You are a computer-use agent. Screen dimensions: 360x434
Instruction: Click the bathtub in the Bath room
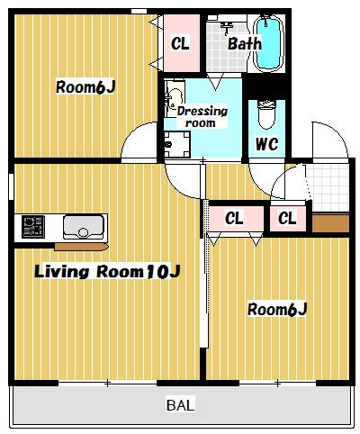pyautogui.click(x=268, y=43)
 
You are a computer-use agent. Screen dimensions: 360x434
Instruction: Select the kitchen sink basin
pyautogui.click(x=84, y=227)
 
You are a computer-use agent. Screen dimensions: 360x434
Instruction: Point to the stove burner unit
pyautogui.click(x=33, y=227)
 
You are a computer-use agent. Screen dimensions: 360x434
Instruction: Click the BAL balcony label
pyautogui.click(x=180, y=405)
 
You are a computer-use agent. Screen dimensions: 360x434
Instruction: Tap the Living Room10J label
pyautogui.click(x=107, y=272)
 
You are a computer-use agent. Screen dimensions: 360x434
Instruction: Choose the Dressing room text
pyautogui.click(x=202, y=117)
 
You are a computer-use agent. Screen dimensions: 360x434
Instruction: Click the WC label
pyautogui.click(x=266, y=144)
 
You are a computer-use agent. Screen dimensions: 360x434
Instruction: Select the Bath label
pyautogui.click(x=245, y=44)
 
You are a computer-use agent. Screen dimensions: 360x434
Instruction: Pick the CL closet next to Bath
pyautogui.click(x=182, y=43)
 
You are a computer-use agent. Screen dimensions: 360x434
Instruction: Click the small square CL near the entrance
pyautogui.click(x=288, y=218)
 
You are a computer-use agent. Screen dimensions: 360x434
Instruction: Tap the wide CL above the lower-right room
pyautogui.click(x=236, y=219)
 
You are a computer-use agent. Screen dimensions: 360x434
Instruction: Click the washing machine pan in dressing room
pyautogui.click(x=177, y=145)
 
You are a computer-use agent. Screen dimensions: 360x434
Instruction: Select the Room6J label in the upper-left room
pyautogui.click(x=85, y=87)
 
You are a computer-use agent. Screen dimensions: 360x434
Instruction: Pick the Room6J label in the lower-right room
pyautogui.click(x=277, y=310)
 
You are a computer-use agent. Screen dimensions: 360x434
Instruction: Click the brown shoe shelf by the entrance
pyautogui.click(x=330, y=223)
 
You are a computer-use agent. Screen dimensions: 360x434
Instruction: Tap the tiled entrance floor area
pyautogui.click(x=328, y=186)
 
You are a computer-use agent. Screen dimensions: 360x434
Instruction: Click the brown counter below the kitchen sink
pyautogui.click(x=81, y=247)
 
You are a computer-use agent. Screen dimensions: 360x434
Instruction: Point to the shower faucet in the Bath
pyautogui.click(x=228, y=28)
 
